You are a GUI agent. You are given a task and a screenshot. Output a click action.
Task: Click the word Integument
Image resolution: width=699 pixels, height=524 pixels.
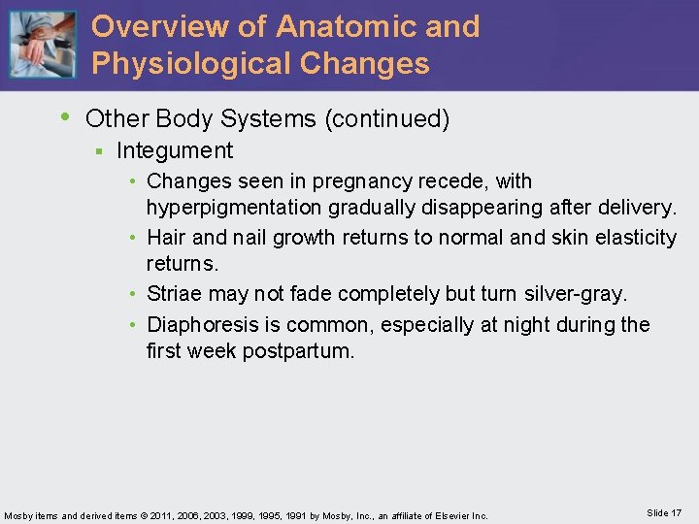(x=175, y=150)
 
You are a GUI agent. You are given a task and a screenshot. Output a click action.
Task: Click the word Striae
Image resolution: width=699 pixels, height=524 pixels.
(x=174, y=293)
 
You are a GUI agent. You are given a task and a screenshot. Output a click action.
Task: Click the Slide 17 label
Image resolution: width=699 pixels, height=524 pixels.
(x=663, y=512)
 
